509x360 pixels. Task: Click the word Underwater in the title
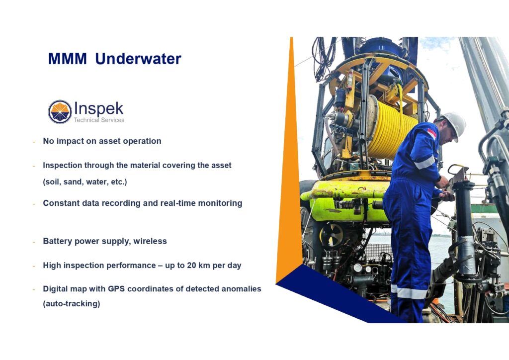click(138, 59)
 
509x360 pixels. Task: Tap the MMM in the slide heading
click(68, 59)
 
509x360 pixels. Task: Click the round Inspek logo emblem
click(60, 112)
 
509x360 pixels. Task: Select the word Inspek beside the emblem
click(99, 109)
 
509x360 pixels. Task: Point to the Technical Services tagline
click(99, 120)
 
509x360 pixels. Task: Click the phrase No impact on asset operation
click(102, 141)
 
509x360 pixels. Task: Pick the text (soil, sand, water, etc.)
click(85, 182)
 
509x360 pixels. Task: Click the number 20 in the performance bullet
click(191, 266)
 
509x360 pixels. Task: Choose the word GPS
click(116, 289)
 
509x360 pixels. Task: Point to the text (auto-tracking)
click(72, 304)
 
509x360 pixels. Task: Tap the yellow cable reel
click(391, 129)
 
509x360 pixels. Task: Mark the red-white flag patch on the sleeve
click(432, 133)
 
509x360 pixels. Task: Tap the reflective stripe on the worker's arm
click(424, 163)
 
